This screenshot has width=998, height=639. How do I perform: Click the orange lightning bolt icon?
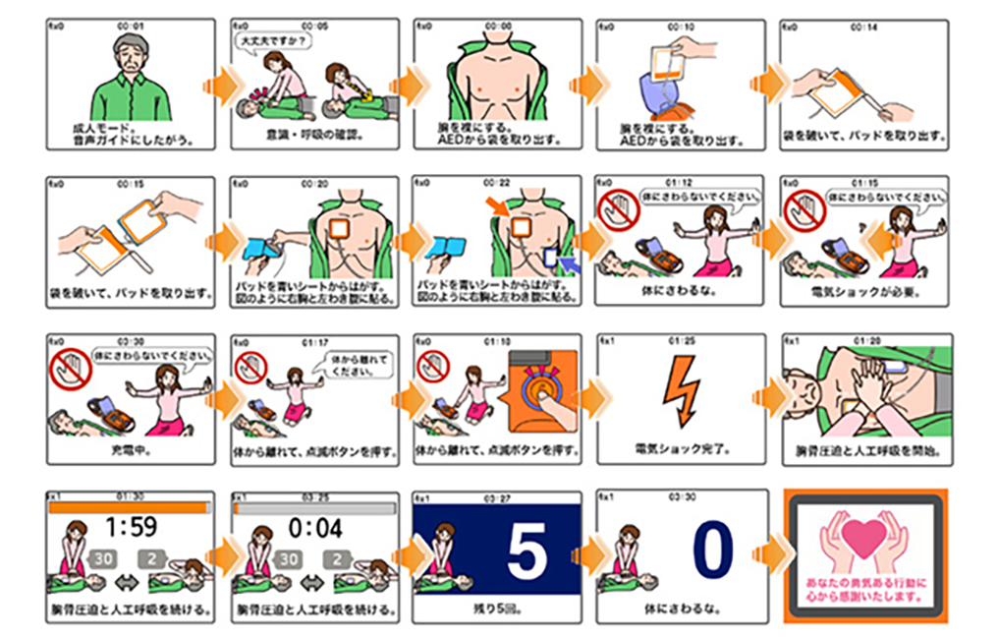click(x=681, y=390)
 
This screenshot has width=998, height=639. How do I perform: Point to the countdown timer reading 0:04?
click(x=315, y=529)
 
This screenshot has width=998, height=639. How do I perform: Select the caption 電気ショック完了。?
click(x=681, y=449)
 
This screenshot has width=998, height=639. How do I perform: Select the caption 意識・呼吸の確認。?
click(x=313, y=134)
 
